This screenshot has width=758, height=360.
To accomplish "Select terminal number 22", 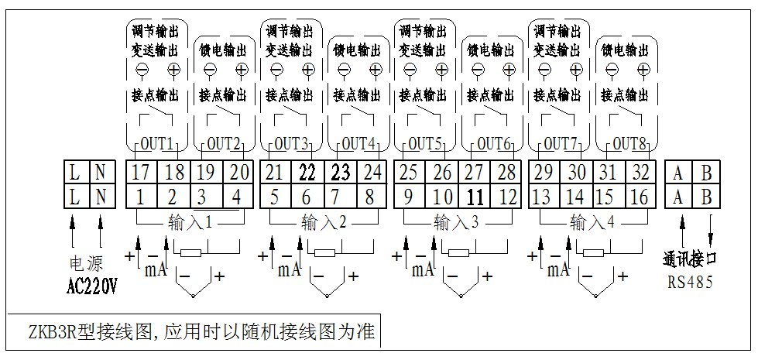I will [x=307, y=171].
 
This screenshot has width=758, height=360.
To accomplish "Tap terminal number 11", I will [x=475, y=196].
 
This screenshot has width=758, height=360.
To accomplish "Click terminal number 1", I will [x=140, y=196].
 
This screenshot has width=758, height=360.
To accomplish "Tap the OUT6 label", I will [x=493, y=144].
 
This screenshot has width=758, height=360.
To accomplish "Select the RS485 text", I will [x=691, y=283].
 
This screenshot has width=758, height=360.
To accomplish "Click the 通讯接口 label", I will [x=691, y=258].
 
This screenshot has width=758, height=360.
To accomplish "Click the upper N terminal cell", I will [x=101, y=171].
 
